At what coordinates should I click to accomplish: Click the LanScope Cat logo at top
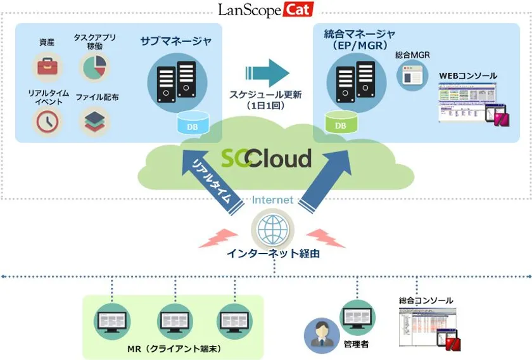click(265, 10)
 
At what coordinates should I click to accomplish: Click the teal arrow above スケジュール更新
click(265, 73)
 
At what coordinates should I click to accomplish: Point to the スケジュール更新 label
click(265, 95)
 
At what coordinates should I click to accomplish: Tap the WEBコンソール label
click(468, 76)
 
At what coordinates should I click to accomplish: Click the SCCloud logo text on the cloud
click(266, 158)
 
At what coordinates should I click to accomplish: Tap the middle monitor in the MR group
click(173, 321)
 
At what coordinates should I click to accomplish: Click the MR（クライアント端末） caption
click(173, 349)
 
